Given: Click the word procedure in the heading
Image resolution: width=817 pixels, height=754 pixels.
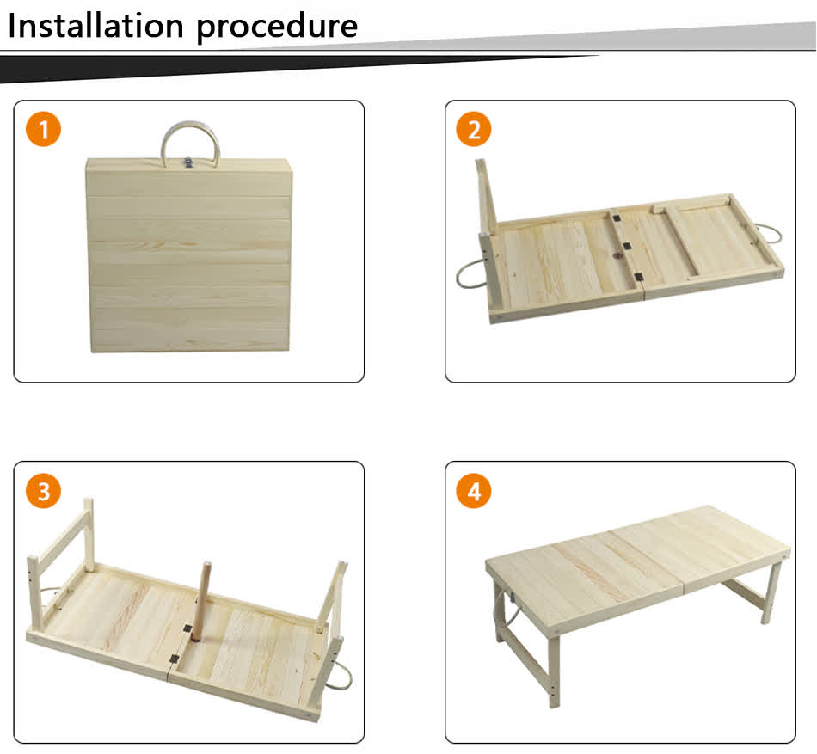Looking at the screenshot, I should click(x=276, y=27).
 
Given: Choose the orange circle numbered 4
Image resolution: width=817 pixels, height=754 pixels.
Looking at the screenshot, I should click(x=473, y=492).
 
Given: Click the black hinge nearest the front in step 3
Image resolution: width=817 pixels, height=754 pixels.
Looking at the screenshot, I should click(x=175, y=659).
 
